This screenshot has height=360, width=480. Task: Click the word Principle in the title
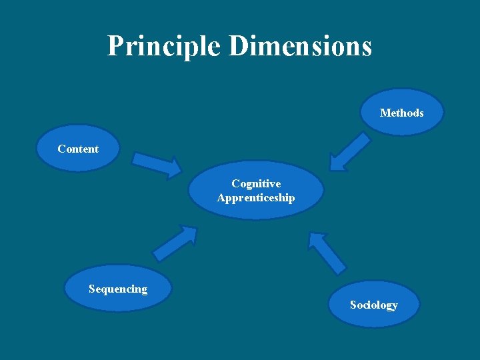(164, 46)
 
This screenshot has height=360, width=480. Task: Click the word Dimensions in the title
(300, 46)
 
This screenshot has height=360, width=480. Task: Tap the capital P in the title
(116, 46)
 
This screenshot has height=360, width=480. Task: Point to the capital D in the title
(239, 46)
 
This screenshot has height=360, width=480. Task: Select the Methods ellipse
(401, 113)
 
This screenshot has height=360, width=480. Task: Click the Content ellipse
(77, 149)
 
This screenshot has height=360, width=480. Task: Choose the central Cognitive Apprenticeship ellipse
(256, 191)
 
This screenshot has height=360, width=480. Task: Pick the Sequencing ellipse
(118, 289)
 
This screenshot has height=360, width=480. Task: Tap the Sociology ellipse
(374, 305)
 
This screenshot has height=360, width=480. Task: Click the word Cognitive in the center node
(256, 183)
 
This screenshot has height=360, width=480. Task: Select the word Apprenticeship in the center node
(256, 198)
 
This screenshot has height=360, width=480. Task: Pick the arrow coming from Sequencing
(175, 243)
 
